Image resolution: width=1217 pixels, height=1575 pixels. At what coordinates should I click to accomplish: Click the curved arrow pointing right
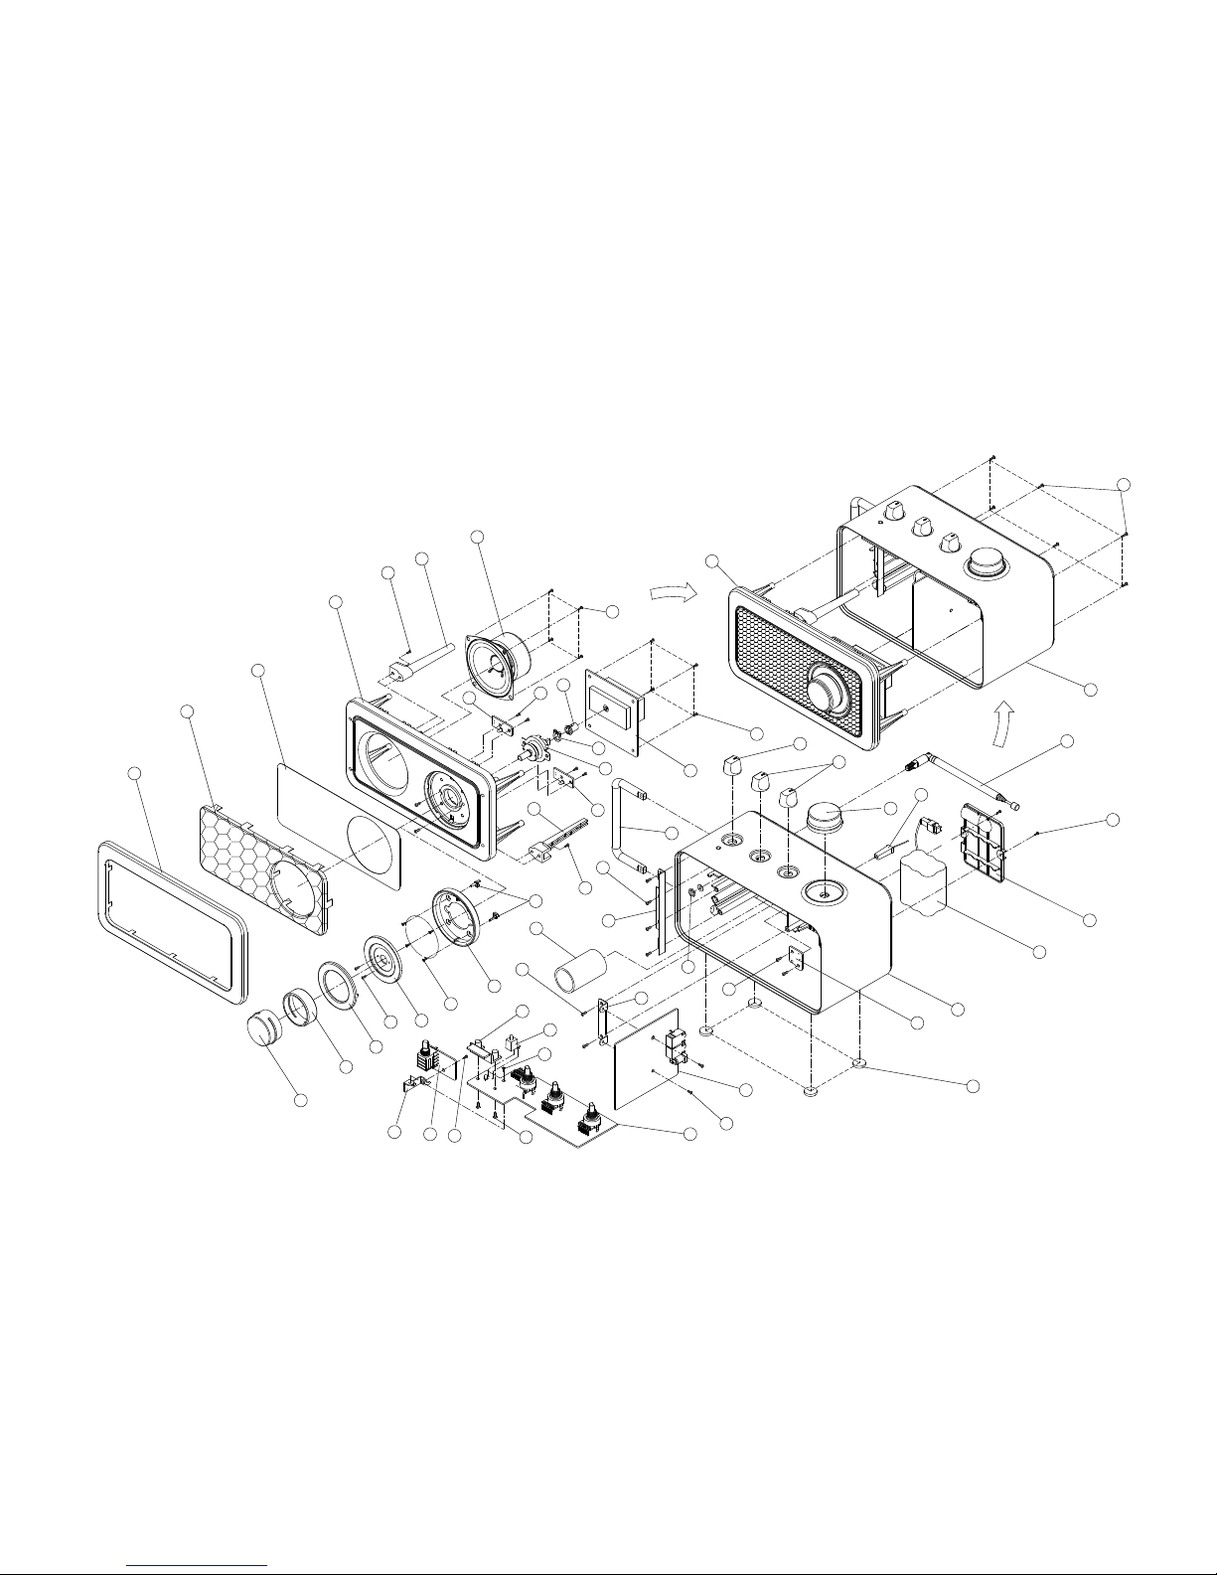pyautogui.click(x=668, y=592)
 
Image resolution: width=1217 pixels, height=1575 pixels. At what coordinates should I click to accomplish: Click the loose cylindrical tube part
pyautogui.click(x=580, y=971)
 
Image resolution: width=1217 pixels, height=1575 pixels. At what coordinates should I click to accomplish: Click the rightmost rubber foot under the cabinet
pyautogui.click(x=860, y=1065)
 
